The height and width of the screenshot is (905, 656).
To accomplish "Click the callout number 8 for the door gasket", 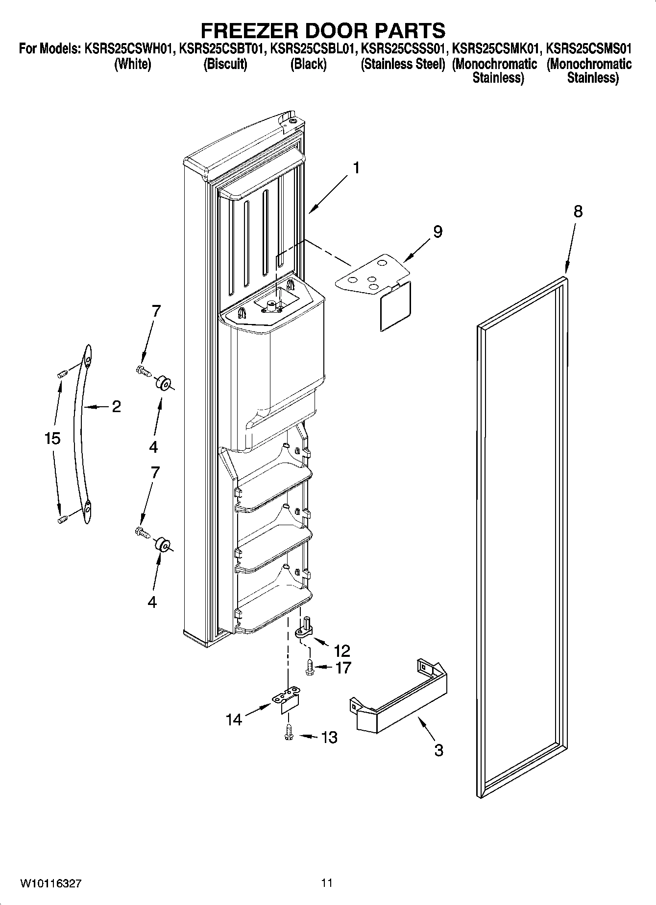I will click(x=578, y=211).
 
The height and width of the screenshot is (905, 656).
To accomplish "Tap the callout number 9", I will click(x=437, y=232).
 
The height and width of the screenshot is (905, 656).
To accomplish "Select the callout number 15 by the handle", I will click(x=52, y=438).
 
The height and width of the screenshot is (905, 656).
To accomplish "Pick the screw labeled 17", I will click(x=310, y=667).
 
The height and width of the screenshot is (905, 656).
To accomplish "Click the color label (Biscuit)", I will click(x=225, y=64).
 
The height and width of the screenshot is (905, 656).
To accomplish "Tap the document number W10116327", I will click(x=50, y=883).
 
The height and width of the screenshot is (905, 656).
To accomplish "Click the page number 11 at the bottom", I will click(x=327, y=883).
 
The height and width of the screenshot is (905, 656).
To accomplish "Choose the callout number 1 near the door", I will click(x=356, y=168).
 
